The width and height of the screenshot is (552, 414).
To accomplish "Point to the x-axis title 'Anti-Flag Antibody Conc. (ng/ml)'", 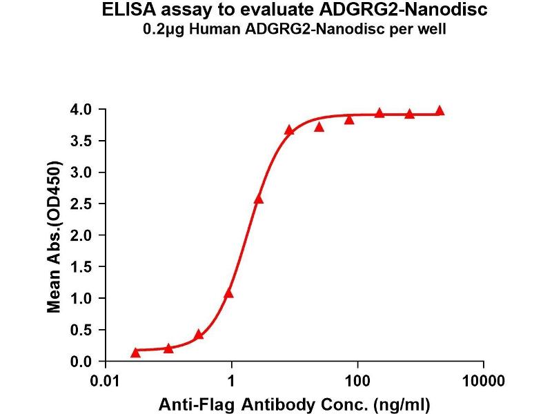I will point(295,402).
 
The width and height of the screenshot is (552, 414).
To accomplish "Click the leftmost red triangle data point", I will point(135,353).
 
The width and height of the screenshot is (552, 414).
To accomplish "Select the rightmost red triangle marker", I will point(440,111).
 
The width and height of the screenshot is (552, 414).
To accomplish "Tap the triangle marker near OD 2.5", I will point(259,199).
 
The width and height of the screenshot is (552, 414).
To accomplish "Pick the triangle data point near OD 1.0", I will point(228,293).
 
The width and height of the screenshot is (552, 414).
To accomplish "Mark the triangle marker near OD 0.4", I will point(199,335).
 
